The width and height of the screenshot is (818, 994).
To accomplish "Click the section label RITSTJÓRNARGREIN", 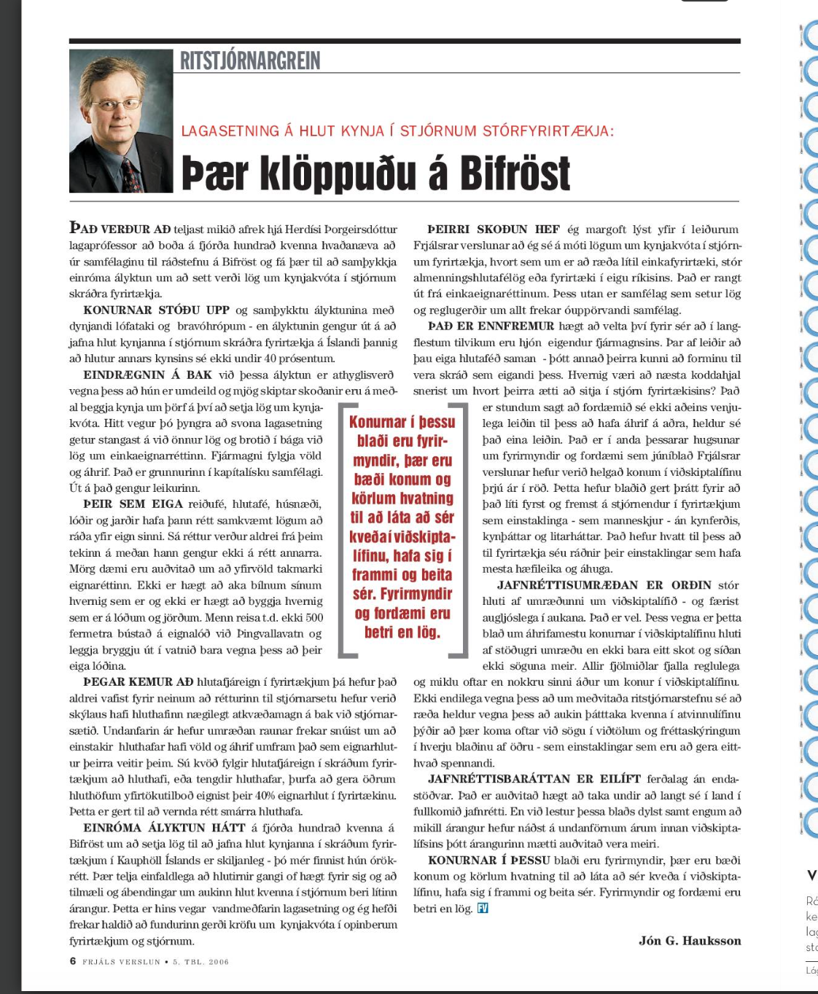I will point(250,60).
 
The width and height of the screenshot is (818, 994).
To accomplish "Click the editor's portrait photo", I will point(121,121).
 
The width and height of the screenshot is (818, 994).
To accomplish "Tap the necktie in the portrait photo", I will point(131,175).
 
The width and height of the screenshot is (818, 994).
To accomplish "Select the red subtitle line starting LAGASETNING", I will point(397,131).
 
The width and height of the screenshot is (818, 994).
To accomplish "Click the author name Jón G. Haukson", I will point(690,940).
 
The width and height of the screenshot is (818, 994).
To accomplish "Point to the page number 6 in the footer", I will point(73,961).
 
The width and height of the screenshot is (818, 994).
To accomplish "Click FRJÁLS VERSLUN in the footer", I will point(121,962).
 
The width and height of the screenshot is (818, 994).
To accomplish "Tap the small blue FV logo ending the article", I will point(482,908).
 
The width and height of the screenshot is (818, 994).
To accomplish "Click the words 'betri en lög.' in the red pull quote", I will point(402,632).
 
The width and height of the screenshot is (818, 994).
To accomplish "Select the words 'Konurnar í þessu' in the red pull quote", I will point(402,422).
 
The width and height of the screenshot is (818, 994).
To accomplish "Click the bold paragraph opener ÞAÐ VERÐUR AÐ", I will point(120,229).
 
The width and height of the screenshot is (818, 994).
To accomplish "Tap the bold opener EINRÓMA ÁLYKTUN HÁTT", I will point(164,827).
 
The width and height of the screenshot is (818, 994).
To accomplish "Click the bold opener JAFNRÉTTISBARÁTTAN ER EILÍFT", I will point(534,779).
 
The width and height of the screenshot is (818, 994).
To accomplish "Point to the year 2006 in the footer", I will point(219,962).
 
